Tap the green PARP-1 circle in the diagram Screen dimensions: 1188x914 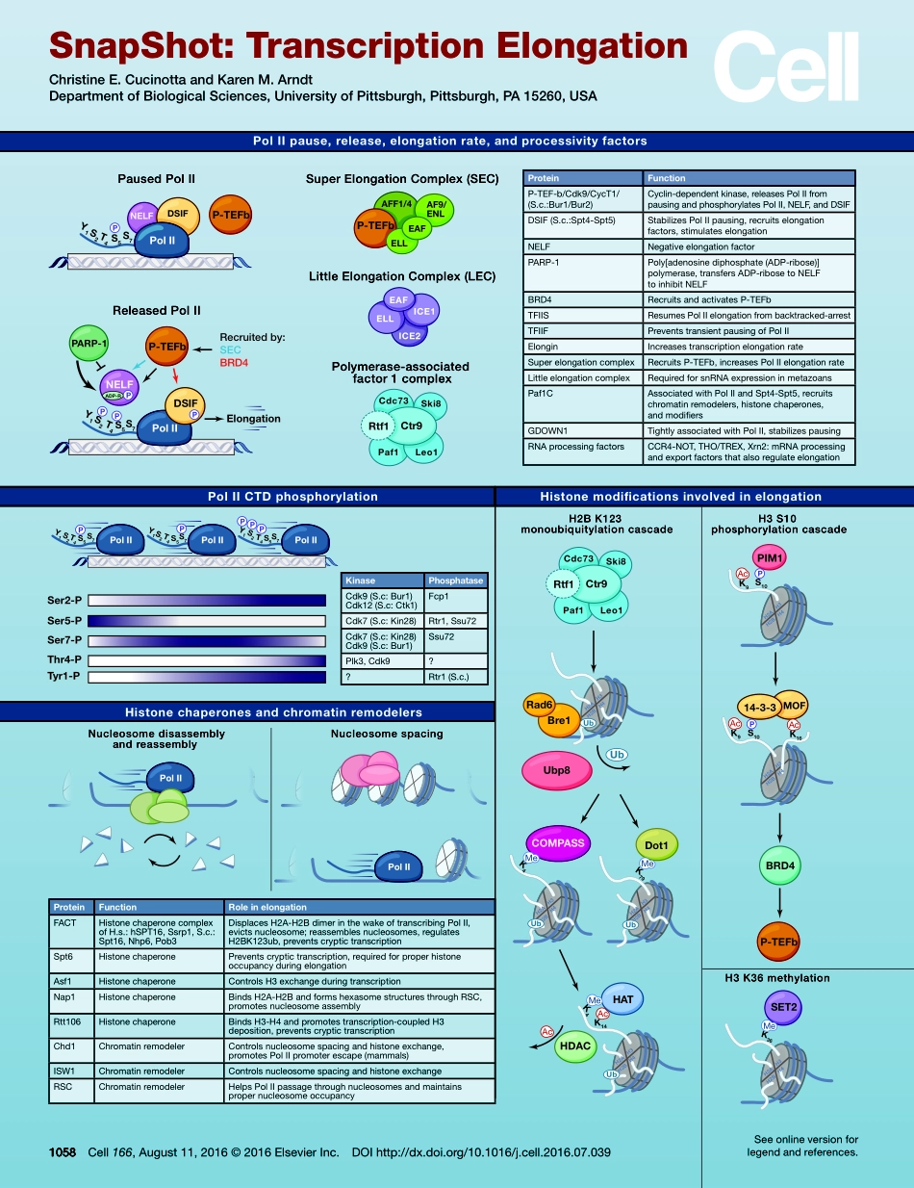point(89,344)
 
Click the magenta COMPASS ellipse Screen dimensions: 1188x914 point(558,842)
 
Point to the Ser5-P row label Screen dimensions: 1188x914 point(64,621)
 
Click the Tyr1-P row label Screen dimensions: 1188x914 point(64,679)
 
